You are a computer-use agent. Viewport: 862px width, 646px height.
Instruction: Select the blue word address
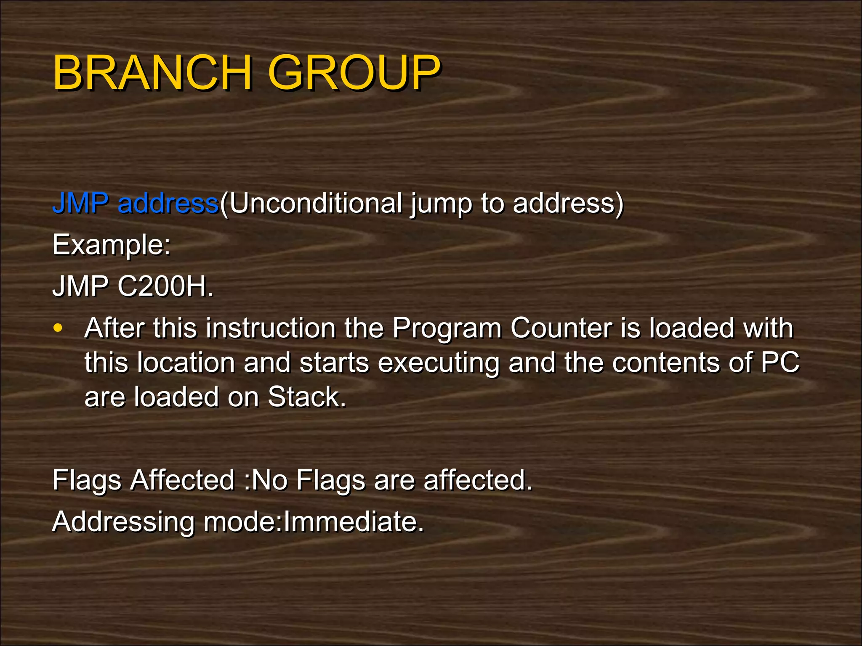coord(168,203)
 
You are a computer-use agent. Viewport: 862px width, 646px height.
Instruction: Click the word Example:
coord(112,245)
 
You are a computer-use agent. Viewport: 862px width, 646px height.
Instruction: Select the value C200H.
coord(165,286)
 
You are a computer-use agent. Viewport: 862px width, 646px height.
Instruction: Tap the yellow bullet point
coord(58,328)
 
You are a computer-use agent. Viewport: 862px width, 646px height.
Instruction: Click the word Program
coord(447,328)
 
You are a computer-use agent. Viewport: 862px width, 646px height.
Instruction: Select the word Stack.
coord(307,397)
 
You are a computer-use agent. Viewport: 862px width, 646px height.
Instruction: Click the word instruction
coord(270,328)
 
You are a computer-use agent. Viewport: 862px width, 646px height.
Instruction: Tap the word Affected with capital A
coord(182,480)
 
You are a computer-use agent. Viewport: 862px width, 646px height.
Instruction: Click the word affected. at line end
coord(478,480)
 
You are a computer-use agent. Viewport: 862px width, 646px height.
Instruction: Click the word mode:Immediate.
coord(314,522)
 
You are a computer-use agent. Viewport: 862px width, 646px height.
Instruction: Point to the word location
coord(186,362)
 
